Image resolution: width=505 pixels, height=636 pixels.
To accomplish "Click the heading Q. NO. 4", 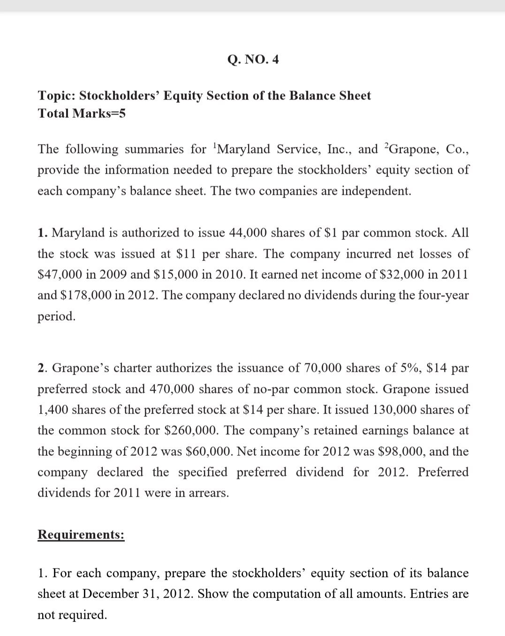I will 253,60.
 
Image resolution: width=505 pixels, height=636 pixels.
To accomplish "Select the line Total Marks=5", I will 82,114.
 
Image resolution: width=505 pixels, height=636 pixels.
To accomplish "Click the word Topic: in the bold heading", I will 56,96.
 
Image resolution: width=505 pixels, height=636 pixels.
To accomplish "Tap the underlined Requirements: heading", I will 81,535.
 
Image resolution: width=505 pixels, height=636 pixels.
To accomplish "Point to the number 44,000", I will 249,233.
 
